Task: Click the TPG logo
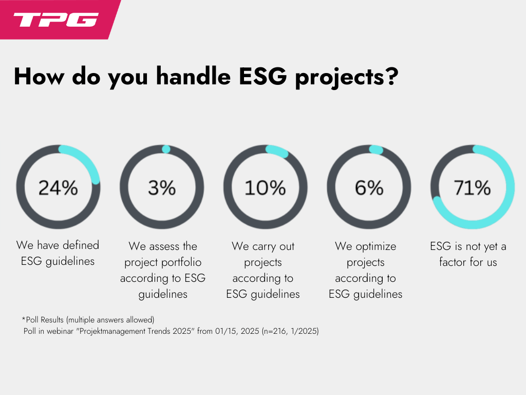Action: tap(55, 20)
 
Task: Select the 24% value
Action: tap(58, 188)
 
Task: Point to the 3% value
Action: tap(161, 188)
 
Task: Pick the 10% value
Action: tap(265, 188)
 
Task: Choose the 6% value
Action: tap(369, 188)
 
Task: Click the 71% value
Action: tap(473, 188)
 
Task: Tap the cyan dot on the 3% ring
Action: tap(166, 149)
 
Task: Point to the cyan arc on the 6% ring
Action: tap(376, 150)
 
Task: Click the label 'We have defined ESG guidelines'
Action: tap(58, 253)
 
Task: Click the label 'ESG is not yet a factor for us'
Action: tap(468, 254)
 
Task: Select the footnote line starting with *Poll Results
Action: tap(88, 320)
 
